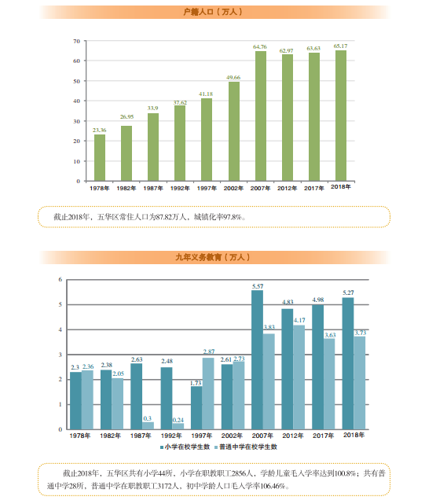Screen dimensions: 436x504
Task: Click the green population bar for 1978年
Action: [100, 158]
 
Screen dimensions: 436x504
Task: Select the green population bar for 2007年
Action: [261, 116]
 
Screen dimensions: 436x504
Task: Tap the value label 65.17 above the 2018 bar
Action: [340, 46]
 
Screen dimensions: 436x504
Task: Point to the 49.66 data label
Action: [233, 78]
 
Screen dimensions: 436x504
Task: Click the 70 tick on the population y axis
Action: [76, 41]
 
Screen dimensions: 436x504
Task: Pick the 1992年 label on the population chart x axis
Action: [180, 189]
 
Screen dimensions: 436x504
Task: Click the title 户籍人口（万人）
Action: [213, 12]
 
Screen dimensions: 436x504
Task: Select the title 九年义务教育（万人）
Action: [213, 257]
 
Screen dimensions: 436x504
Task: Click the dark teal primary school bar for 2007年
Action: [257, 360]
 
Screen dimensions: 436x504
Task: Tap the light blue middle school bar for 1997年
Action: [208, 394]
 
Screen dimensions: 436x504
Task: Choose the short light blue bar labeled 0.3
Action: [148, 425]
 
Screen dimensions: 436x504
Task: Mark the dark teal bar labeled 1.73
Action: [196, 408]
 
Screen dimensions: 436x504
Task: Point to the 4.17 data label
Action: [299, 321]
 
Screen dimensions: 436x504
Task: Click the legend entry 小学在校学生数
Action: [185, 447]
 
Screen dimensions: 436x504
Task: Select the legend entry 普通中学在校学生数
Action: [246, 447]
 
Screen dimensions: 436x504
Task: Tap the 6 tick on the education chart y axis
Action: [60, 280]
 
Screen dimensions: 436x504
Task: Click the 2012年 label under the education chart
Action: [293, 436]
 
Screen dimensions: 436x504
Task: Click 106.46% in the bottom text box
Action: [273, 486]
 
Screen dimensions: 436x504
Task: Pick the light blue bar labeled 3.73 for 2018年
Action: [360, 383]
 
